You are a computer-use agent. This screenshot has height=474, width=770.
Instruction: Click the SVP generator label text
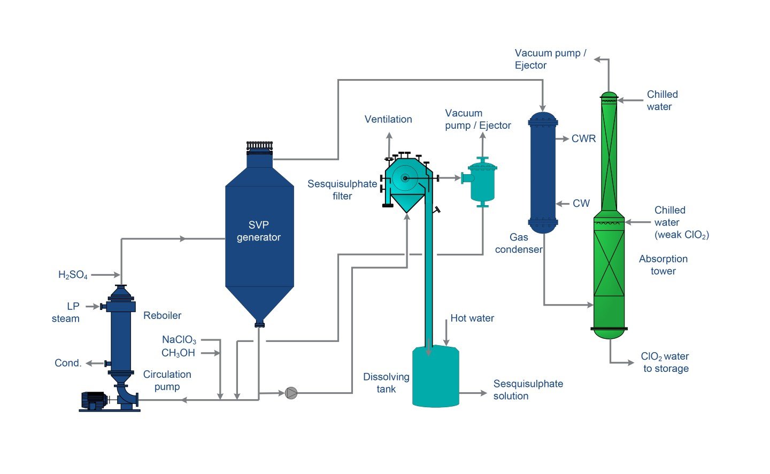[x=259, y=231]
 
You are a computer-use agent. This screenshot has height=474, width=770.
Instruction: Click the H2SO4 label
[x=73, y=275]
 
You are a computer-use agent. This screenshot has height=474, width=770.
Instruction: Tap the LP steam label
[x=66, y=312]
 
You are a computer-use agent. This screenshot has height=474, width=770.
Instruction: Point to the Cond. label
[x=68, y=363]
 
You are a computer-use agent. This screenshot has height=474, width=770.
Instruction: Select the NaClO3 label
[x=179, y=340]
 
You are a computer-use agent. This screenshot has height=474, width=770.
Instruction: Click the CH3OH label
[x=178, y=353]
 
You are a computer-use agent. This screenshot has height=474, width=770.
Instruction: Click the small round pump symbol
[x=291, y=393]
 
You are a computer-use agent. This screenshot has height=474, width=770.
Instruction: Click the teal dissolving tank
[x=436, y=377]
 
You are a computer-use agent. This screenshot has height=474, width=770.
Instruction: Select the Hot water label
[x=472, y=318]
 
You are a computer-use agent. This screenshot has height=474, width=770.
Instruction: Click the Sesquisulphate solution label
[x=528, y=390]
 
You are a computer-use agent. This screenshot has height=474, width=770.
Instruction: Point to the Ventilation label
[x=388, y=119]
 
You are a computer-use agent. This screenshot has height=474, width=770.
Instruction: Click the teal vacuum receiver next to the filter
[x=482, y=182]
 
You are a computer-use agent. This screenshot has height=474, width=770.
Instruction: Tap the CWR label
[x=583, y=138]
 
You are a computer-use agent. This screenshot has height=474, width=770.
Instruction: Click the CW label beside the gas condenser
[x=581, y=203]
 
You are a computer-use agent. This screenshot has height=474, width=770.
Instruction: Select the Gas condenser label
[x=519, y=243]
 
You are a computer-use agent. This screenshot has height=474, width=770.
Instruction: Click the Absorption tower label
[x=663, y=265]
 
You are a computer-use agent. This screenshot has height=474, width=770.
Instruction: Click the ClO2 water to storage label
[x=665, y=362]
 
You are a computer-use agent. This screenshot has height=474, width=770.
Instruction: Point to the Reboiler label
[x=162, y=315]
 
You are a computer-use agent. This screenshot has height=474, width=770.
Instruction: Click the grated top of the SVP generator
[x=260, y=145]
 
